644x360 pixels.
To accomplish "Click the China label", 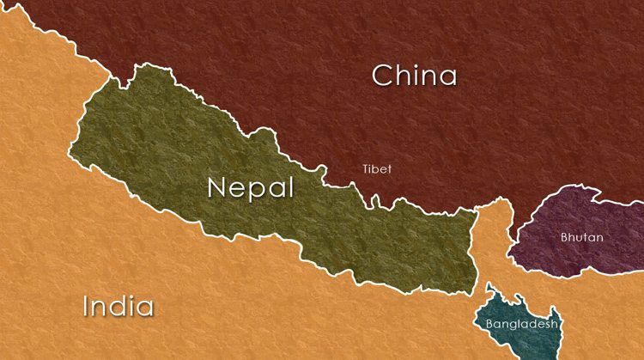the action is pyautogui.click(x=414, y=76).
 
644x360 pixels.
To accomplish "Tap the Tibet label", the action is pyautogui.click(x=376, y=169).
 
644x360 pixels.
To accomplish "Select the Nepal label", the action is pyautogui.click(x=250, y=188).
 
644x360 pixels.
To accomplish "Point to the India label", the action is pyautogui.click(x=118, y=306).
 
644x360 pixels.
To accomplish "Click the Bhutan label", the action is pyautogui.click(x=581, y=237).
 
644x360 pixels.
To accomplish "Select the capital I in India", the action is pyautogui.click(x=87, y=306).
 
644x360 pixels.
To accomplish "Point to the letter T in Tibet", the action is pyautogui.click(x=366, y=169).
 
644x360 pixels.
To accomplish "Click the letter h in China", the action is pyautogui.click(x=404, y=75).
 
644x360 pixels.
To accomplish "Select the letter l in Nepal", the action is pyautogui.click(x=290, y=186).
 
